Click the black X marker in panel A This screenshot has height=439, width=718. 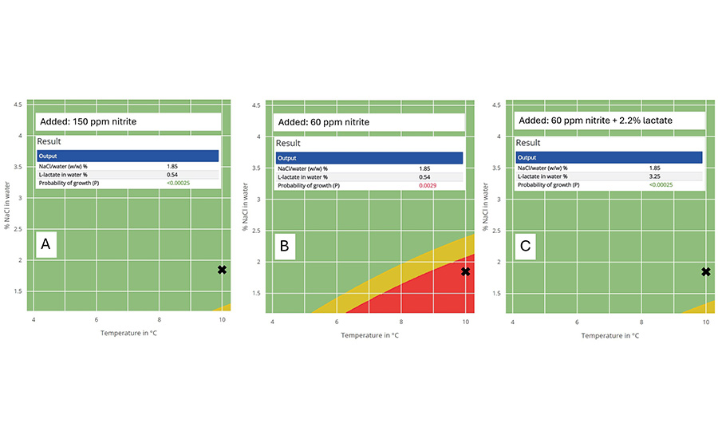222,270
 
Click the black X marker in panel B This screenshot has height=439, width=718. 466,271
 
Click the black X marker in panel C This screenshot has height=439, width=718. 706,271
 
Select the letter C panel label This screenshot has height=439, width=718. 526,247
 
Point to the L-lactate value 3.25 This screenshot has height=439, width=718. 668,177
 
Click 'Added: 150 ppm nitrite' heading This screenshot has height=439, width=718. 88,121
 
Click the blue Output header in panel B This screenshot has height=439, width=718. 369,158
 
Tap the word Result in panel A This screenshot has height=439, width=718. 50,140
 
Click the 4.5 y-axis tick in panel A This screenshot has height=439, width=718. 17,104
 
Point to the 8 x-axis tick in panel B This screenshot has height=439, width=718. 401,322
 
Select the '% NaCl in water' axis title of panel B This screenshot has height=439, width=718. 246,204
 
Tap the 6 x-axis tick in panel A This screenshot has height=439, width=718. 97,320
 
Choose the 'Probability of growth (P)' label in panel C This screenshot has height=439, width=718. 548,185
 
